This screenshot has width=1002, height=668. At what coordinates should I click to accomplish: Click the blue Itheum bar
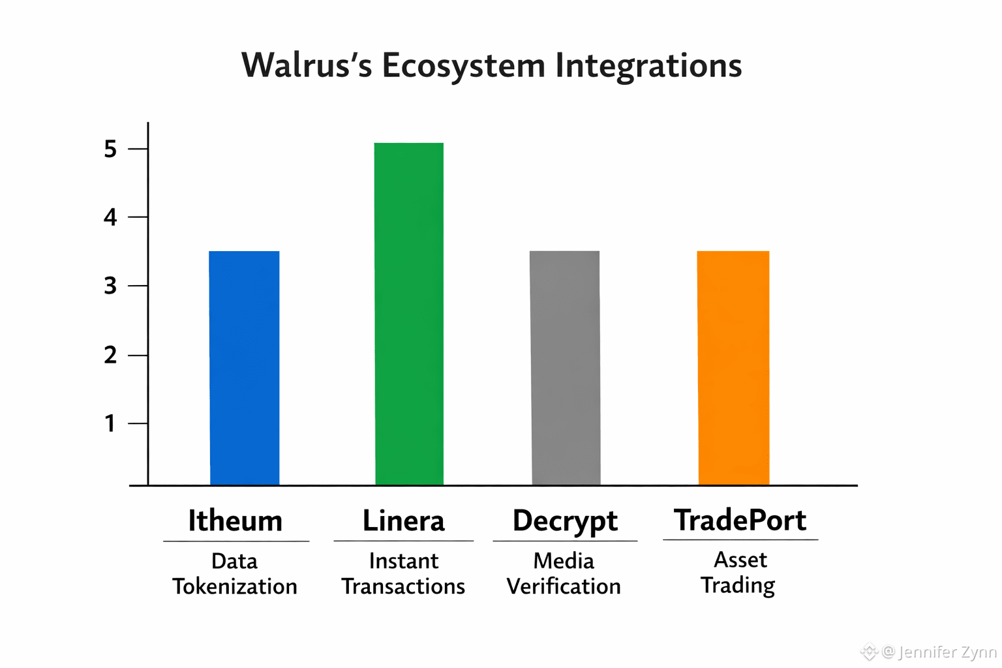pos(245,368)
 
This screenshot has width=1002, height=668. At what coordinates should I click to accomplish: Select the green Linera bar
pos(409,314)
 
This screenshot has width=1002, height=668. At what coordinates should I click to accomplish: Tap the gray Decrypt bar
pos(565,368)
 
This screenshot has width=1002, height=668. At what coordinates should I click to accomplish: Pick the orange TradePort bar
pos(733,368)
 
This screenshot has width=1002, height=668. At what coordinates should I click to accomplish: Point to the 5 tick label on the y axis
pos(110,149)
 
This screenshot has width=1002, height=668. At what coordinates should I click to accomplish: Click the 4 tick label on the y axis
pos(110,217)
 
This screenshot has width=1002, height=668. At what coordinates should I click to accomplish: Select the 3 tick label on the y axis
pos(110,286)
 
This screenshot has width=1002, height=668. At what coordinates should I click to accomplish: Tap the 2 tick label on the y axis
pos(110,356)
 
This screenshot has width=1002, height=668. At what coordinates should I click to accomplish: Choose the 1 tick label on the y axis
pos(110,423)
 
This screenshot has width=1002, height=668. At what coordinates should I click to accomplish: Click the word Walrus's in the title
pos(307,65)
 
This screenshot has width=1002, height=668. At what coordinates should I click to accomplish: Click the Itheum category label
pos(235,521)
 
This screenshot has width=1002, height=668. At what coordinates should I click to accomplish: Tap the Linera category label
pos(404,521)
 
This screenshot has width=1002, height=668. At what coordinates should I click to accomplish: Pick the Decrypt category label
pos(565,521)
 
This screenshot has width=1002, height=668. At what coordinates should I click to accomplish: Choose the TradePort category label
pos(740,520)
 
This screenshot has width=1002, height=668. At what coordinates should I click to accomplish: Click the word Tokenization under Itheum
pos(235,586)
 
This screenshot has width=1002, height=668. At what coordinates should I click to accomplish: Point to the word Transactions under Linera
pos(403,586)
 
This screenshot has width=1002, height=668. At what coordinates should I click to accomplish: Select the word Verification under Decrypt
pos(564,586)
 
